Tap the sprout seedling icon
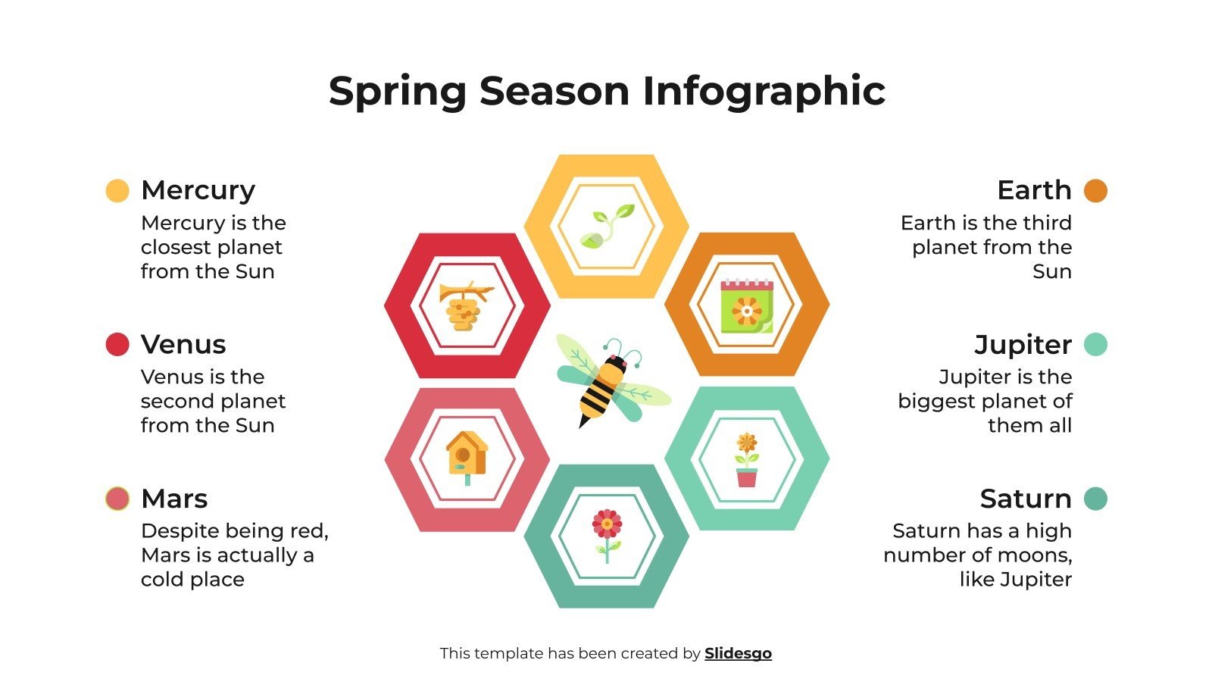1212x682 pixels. (607, 226)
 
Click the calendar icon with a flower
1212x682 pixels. (747, 305)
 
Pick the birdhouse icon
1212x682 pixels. (467, 457)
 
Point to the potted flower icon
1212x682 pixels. (747, 459)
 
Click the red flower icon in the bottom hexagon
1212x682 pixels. (607, 535)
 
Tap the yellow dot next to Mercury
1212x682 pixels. (117, 191)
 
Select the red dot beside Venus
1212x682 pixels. (117, 345)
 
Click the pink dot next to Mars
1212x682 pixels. (117, 499)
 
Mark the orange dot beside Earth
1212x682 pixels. (1095, 191)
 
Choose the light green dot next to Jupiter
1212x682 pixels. (1095, 345)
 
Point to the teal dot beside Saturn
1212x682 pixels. (1095, 499)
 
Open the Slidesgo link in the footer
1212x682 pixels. (738, 653)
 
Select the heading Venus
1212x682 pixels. (183, 345)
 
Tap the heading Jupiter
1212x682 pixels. (1023, 345)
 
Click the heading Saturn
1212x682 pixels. (1026, 499)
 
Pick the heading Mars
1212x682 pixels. (174, 499)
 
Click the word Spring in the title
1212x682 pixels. (398, 92)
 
